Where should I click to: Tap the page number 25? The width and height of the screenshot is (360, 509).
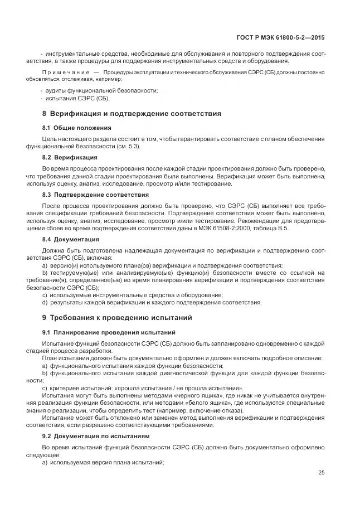pos(321,472)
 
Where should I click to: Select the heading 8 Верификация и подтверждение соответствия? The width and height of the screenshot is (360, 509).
pos(132,114)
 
